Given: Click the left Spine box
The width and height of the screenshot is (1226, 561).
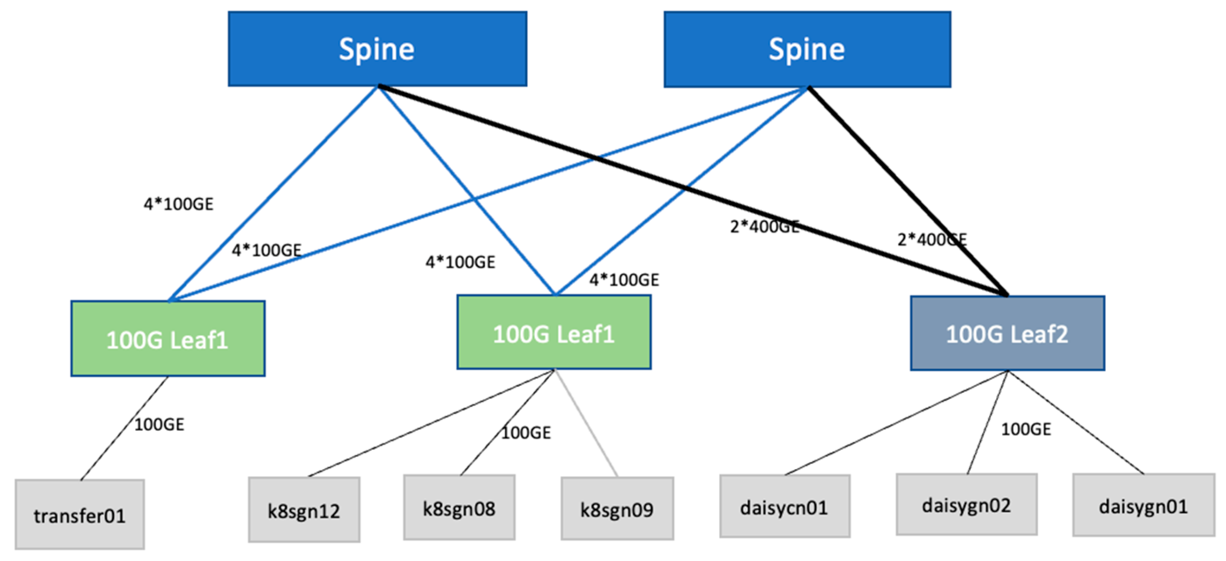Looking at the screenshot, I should tap(377, 48).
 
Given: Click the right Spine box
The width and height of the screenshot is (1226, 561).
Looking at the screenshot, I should tap(807, 48).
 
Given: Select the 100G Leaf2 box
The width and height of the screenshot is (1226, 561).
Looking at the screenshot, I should tap(1007, 333).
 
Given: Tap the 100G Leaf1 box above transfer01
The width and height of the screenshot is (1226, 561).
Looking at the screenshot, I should tap(168, 338).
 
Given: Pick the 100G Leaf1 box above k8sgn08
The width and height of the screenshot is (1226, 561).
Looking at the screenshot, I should tap(554, 332).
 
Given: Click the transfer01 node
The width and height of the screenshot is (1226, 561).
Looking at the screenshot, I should tap(80, 514).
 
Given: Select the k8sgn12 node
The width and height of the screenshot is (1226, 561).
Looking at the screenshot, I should tap(304, 510).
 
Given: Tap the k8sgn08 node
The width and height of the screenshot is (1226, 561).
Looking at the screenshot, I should tap(459, 507).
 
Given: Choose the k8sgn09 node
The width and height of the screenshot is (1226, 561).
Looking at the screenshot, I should tap(617, 509).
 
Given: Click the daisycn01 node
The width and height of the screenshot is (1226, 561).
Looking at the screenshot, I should tap(784, 506).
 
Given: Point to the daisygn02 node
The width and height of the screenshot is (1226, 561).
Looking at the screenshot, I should tap(966, 504).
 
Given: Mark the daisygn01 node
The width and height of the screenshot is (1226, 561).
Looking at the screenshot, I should tap(1143, 506).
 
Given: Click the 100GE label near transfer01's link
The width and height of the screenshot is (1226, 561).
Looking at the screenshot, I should tap(159, 424).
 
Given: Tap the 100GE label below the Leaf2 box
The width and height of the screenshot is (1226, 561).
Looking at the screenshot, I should tap(1026, 429).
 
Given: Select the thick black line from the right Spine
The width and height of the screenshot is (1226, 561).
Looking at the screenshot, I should tap(908, 192).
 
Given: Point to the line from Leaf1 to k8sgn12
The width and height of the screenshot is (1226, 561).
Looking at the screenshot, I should tap(431, 423).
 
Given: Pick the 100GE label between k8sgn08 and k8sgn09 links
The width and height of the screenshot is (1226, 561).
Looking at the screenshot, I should tap(526, 432).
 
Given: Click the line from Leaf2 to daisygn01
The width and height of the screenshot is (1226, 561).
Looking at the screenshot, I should tap(1075, 422).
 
